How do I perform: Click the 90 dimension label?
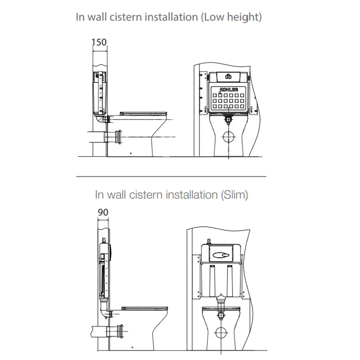pyautogui.click(x=103, y=212)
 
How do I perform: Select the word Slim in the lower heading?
pyautogui.click(x=234, y=195)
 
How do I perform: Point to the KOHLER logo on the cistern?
pyautogui.click(x=228, y=90)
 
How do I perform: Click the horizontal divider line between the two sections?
pyautogui.click(x=171, y=176)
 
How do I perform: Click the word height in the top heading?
pyautogui.click(x=244, y=17)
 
